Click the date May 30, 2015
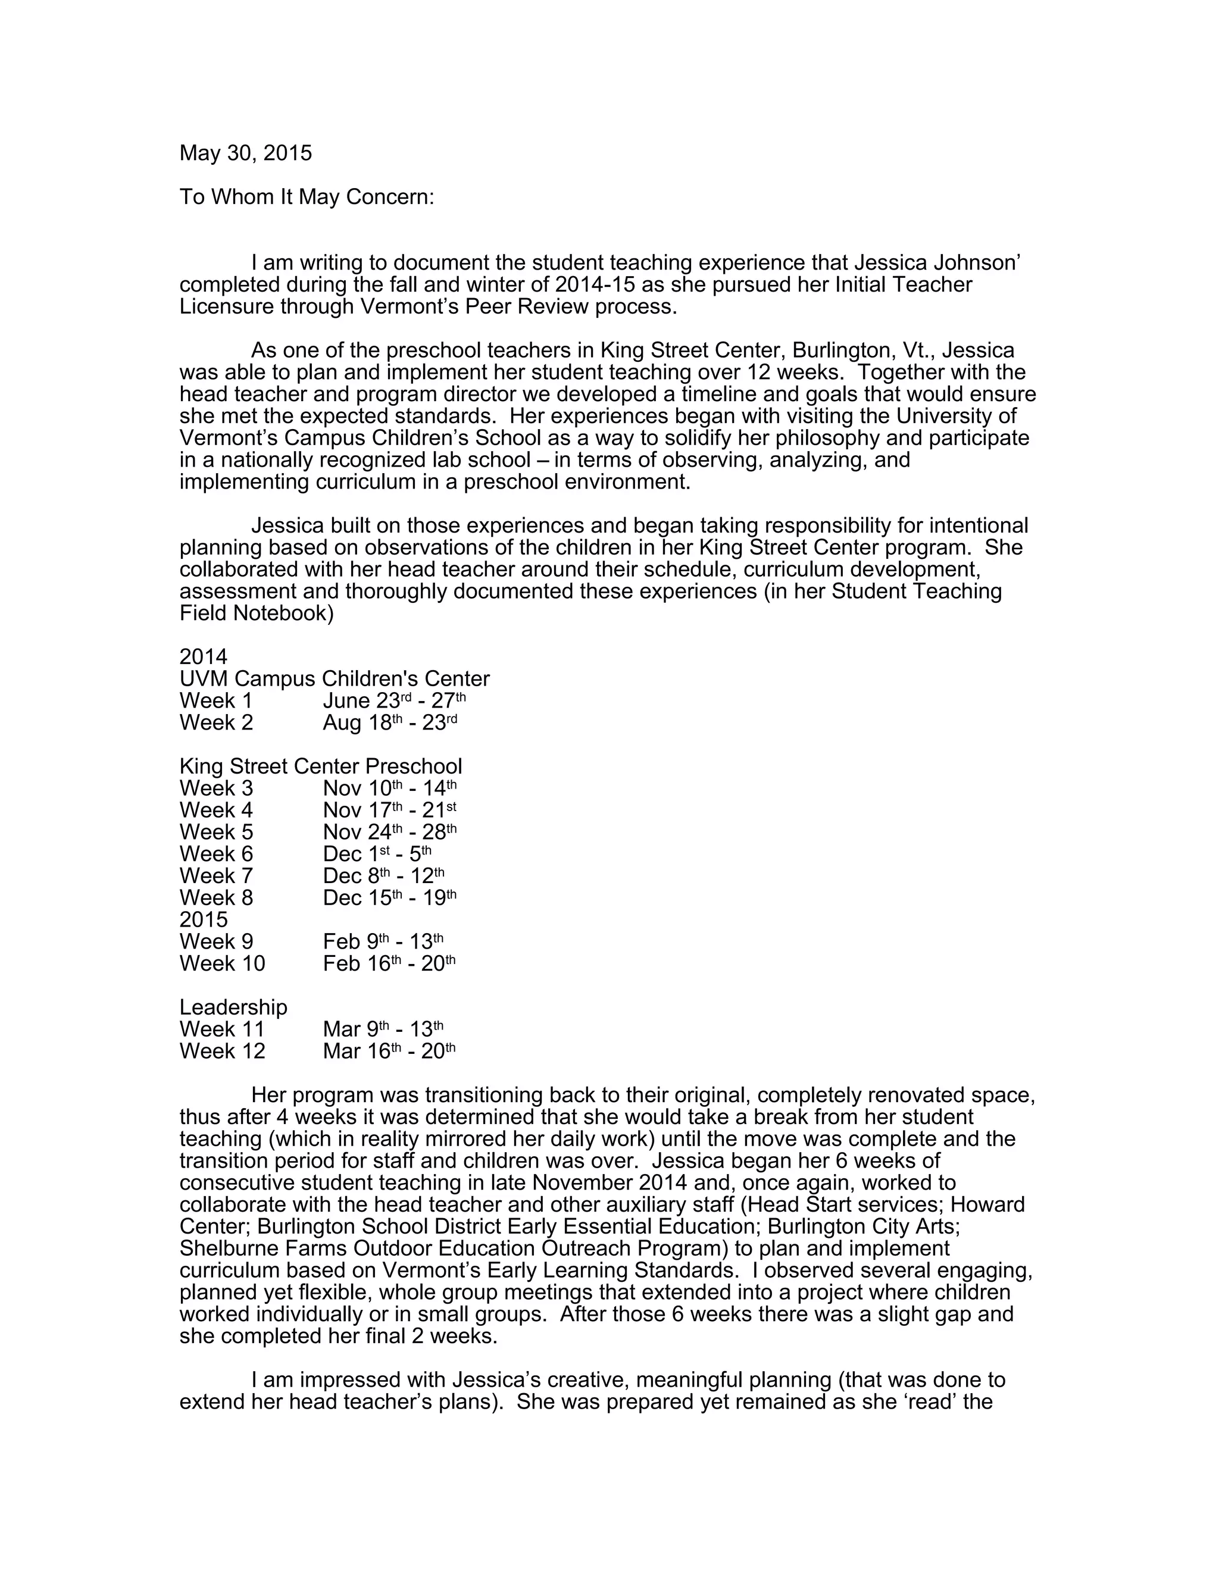point(246,153)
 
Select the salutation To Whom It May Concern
point(307,197)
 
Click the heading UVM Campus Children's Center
point(335,679)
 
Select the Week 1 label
point(216,700)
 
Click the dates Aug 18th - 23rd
point(390,723)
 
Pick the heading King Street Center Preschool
point(321,766)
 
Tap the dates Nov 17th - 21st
point(390,810)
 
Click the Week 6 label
point(216,854)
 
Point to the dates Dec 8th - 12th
point(383,876)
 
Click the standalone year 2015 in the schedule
point(204,919)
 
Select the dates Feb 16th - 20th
point(389,963)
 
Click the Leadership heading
point(233,1007)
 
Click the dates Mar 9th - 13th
point(383,1029)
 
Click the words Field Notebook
point(257,614)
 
